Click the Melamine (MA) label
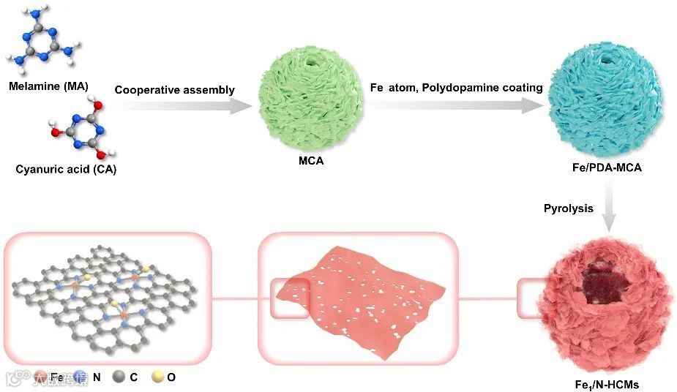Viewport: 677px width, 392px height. click(x=48, y=87)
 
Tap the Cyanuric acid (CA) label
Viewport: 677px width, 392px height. click(x=66, y=170)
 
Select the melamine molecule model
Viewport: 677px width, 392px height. click(x=44, y=40)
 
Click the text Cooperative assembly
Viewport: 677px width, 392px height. click(x=174, y=90)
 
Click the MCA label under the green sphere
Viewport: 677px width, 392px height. click(x=311, y=161)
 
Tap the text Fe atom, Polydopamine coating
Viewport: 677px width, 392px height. click(x=456, y=88)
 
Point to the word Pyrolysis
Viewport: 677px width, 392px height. click(x=568, y=208)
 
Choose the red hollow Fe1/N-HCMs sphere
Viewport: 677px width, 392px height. click(x=604, y=307)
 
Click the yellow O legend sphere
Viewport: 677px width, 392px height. click(x=157, y=377)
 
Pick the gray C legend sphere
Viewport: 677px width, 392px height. click(x=119, y=377)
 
